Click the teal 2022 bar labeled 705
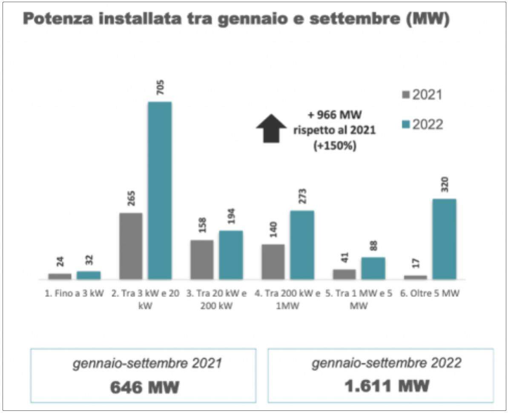(x=160, y=191)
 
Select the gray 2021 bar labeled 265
(x=131, y=246)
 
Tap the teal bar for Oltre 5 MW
(x=444, y=239)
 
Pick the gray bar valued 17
(x=415, y=277)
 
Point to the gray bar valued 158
(x=202, y=260)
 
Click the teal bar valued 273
(x=302, y=245)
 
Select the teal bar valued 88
(x=373, y=268)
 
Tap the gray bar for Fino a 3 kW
(x=60, y=276)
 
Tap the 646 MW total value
(x=144, y=387)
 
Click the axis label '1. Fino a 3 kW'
(x=75, y=294)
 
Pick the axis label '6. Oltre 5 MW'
(x=431, y=294)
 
